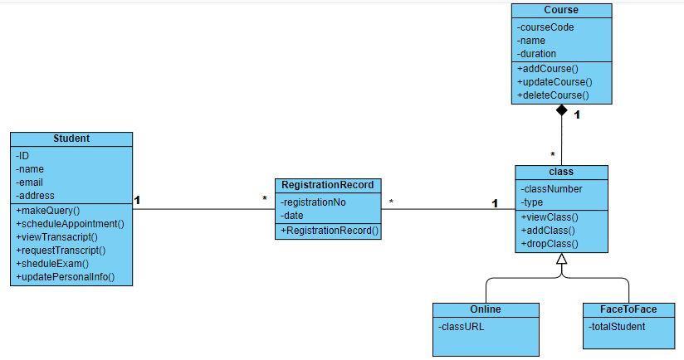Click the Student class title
71,139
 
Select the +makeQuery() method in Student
47,211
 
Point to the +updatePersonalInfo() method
65,277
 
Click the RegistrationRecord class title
327,185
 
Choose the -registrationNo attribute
313,202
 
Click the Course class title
561,10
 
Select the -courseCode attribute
545,27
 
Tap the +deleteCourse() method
552,95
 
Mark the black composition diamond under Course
562,110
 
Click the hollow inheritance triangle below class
561,259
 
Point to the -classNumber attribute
551,189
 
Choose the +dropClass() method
549,244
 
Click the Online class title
485,309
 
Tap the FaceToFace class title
628,309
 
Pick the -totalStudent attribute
617,327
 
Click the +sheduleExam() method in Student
51,264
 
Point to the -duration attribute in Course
536,54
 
